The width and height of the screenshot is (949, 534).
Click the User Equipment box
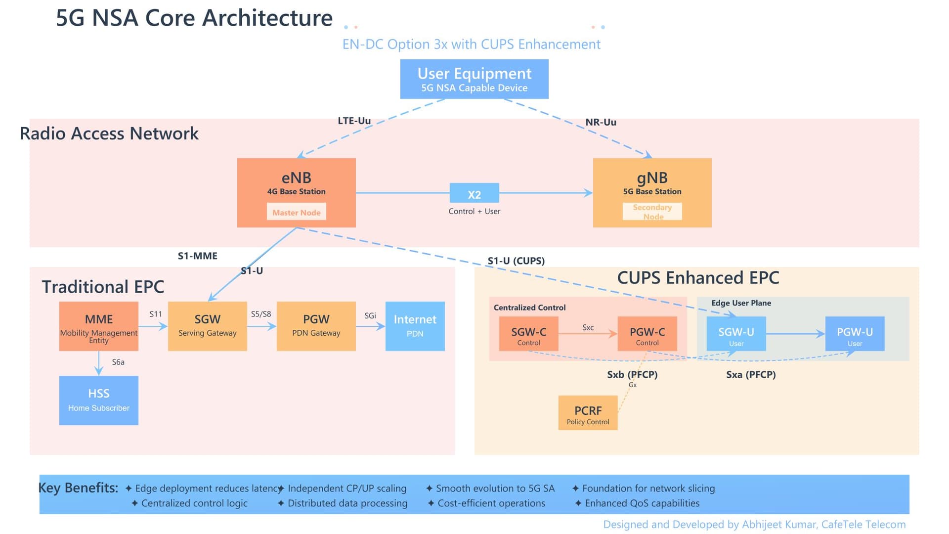[474, 79]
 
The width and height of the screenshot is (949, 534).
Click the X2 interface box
[474, 193]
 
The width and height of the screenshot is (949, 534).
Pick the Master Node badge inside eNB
[297, 212]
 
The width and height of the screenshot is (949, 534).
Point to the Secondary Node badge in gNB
[652, 212]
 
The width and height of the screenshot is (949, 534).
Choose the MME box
[98, 326]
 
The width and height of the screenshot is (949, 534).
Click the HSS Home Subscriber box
[98, 400]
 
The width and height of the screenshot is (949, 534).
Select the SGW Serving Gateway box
[207, 326]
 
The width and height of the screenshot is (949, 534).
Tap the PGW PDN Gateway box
[316, 326]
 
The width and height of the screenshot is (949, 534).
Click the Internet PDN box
[415, 326]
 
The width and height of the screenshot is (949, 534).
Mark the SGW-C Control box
[528, 334]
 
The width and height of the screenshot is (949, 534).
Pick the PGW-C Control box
[647, 334]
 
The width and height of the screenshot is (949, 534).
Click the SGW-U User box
[736, 334]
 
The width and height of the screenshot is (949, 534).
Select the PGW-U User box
[855, 334]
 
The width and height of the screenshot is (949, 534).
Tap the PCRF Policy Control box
[588, 413]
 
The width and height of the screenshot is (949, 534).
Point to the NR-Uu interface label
[601, 122]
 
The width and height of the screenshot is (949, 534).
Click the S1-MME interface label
[197, 256]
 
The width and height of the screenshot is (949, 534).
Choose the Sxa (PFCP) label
[751, 375]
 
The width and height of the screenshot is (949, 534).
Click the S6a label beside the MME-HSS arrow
[118, 362]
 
